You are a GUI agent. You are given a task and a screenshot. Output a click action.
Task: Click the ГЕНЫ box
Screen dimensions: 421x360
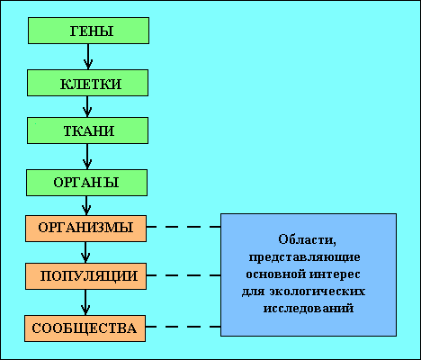click(x=88, y=31)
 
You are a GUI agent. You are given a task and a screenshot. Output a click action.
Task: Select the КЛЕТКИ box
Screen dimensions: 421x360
click(x=87, y=83)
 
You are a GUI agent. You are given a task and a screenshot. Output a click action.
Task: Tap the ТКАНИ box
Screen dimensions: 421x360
click(x=87, y=130)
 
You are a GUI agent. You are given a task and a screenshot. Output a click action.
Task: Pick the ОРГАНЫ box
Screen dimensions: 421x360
click(x=86, y=183)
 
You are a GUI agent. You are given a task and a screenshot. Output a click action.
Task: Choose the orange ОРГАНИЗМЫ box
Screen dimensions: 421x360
click(x=85, y=229)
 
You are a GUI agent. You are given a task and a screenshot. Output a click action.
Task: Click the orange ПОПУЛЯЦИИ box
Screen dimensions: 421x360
click(x=85, y=276)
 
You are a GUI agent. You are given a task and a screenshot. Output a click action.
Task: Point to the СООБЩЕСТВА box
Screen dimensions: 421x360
click(x=85, y=328)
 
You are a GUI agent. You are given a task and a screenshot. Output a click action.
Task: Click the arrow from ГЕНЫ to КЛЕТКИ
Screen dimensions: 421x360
click(x=88, y=57)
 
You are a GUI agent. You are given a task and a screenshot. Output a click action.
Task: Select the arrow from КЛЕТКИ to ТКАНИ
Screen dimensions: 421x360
click(x=87, y=106)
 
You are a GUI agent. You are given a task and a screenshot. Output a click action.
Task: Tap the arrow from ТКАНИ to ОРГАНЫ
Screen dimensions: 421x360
click(x=87, y=157)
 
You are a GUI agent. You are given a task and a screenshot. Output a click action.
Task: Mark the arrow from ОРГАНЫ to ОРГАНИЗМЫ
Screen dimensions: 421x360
click(x=86, y=205)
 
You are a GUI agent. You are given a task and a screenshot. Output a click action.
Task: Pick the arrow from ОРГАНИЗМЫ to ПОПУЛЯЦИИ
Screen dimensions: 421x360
click(x=85, y=252)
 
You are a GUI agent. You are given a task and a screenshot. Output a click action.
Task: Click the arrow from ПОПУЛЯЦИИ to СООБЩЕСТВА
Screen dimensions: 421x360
click(x=85, y=302)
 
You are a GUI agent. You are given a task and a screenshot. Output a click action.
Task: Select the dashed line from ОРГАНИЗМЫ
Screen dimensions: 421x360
click(x=184, y=227)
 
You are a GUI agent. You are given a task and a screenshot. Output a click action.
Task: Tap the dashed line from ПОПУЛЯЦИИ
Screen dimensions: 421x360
click(x=184, y=275)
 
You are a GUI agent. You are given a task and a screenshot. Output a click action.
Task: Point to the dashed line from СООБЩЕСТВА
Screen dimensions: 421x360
click(x=184, y=327)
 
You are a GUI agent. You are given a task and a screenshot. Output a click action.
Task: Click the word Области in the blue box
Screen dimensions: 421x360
click(x=307, y=239)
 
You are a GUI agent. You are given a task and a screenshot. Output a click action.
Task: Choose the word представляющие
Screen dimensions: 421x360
click(x=305, y=257)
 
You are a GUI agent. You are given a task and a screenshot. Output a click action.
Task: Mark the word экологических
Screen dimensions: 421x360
click(x=317, y=292)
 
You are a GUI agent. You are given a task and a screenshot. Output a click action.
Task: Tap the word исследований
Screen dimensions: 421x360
click(x=309, y=309)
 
